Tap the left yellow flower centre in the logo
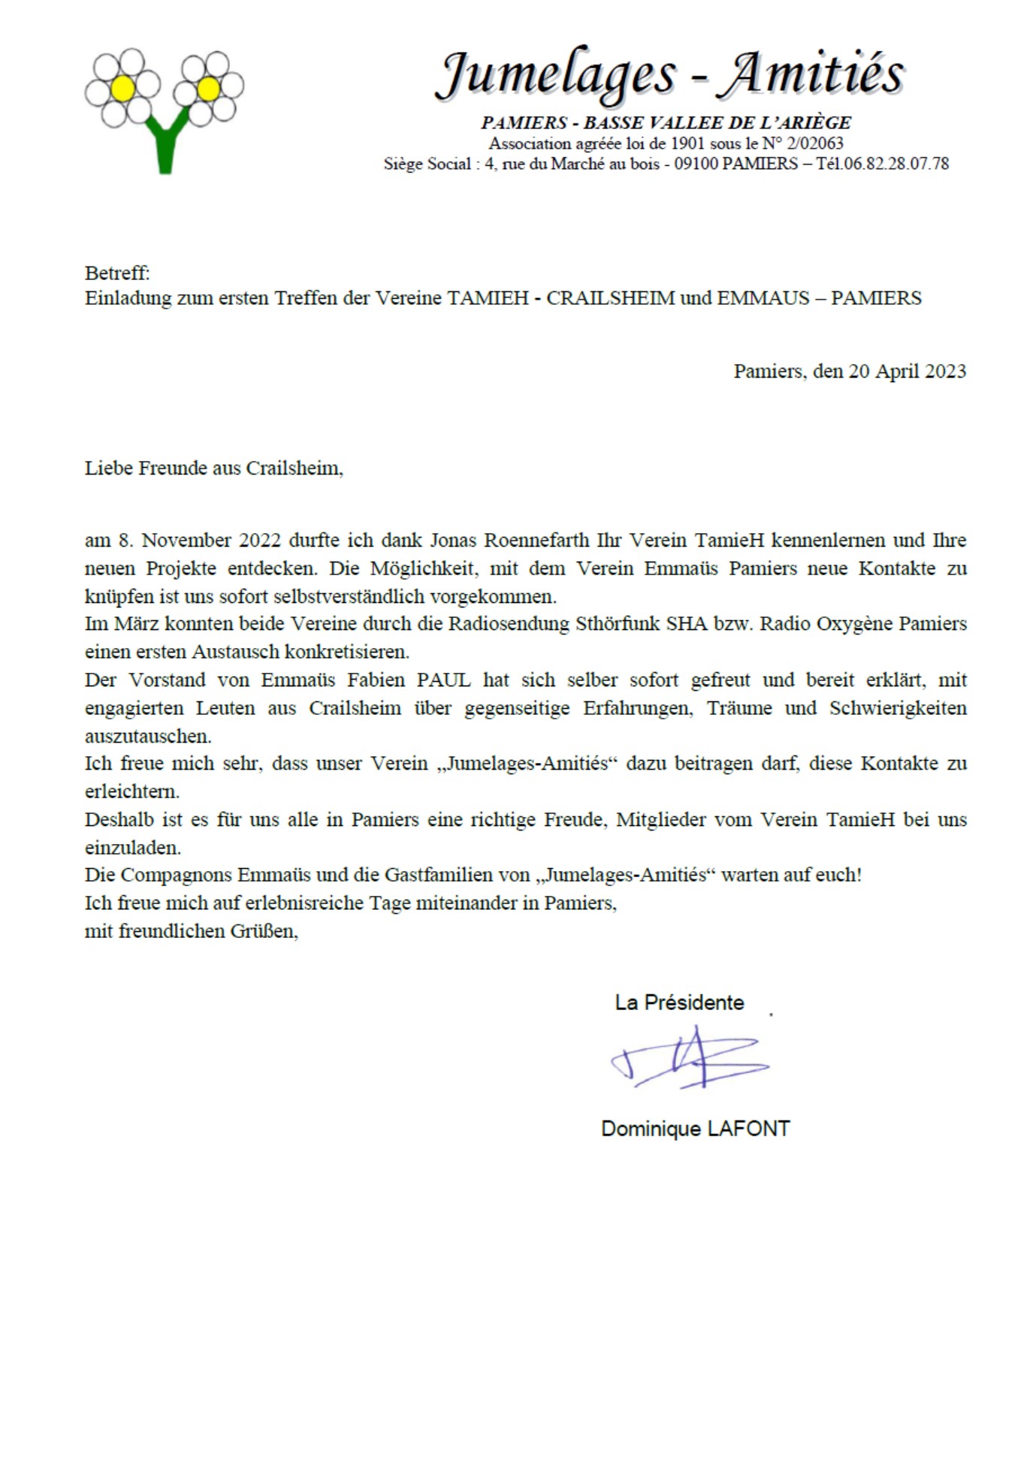coord(122,89)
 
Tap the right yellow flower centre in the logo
coord(208,89)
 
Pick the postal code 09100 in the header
coord(696,164)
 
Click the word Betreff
coord(116,273)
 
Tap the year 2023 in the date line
coord(945,371)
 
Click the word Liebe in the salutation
coord(108,468)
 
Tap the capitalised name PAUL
coord(443,680)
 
